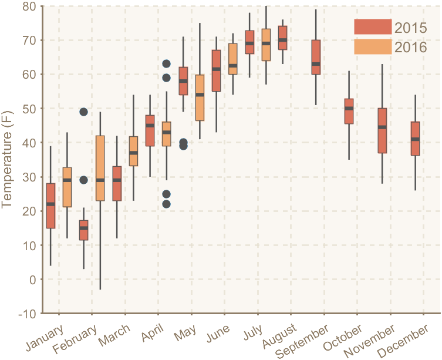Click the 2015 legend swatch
(372, 27)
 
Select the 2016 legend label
(410, 48)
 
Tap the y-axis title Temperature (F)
(8, 160)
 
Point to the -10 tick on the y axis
(27, 314)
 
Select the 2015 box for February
(83, 230)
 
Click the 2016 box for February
(100, 169)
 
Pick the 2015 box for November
(382, 130)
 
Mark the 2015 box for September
(316, 57)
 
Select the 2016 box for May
(200, 97)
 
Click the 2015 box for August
(282, 38)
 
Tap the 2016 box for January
(67, 187)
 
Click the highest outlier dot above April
(166, 63)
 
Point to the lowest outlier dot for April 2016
(166, 204)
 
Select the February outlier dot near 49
(83, 112)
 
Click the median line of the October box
(349, 108)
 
